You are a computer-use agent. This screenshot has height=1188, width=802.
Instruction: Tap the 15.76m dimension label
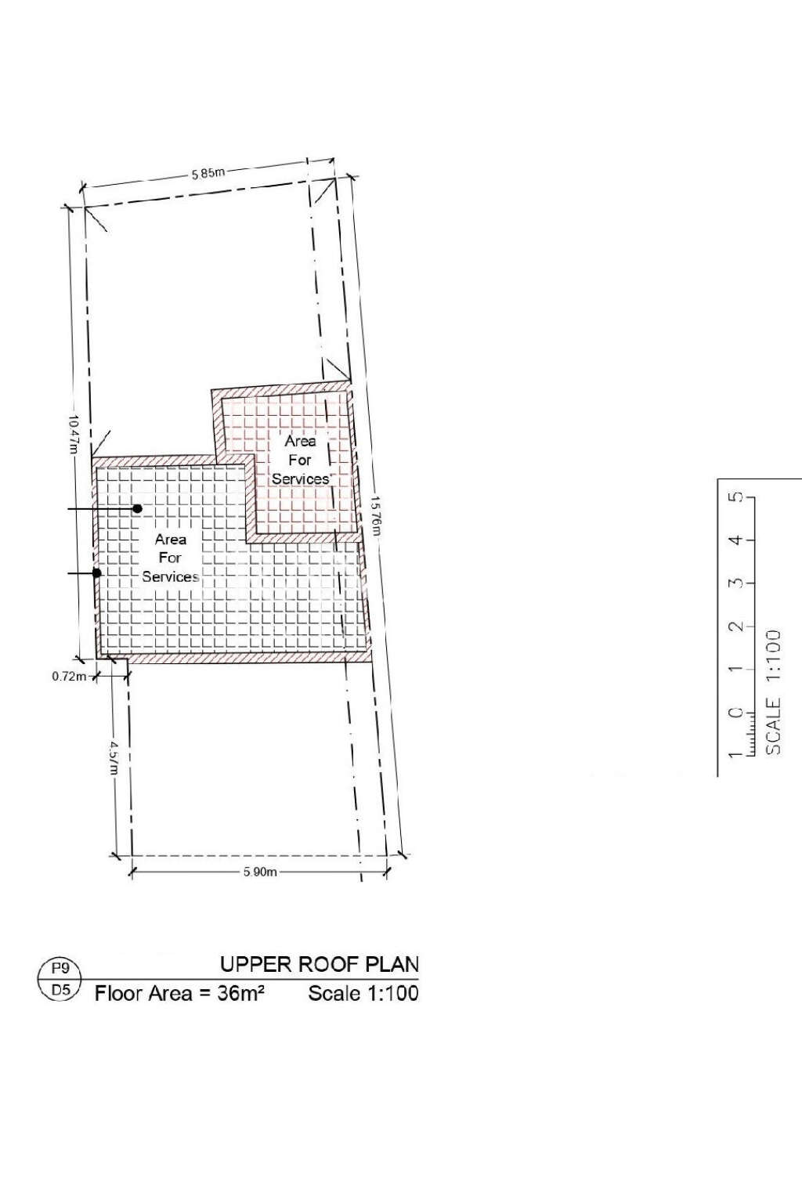tap(376, 514)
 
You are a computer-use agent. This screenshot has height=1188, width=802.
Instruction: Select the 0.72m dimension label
tap(69, 677)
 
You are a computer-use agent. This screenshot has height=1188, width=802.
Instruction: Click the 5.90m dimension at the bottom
tap(260, 872)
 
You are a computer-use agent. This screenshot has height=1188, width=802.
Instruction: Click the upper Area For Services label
tap(300, 460)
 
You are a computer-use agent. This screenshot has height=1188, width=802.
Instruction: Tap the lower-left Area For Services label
tap(170, 558)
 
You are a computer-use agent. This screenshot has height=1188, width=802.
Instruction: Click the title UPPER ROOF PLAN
tap(319, 964)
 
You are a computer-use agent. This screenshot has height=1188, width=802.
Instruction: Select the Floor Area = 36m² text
tap(179, 994)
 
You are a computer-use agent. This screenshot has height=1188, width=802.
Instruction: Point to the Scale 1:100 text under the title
tap(363, 994)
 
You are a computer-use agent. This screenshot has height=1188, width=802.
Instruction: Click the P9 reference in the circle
tap(60, 969)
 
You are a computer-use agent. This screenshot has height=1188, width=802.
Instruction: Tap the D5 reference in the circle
tap(60, 990)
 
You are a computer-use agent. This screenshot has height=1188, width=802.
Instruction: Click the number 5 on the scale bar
tap(735, 498)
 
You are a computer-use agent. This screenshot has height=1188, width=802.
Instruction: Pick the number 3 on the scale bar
tap(735, 583)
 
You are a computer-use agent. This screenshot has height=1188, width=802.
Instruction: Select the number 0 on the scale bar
tap(735, 712)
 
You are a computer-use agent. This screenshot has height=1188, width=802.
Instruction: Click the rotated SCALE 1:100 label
tap(773, 691)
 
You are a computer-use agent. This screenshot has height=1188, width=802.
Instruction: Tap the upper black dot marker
tap(137, 508)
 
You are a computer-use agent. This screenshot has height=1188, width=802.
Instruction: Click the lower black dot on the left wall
tap(97, 573)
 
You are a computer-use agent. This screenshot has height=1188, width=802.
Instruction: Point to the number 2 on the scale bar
tap(735, 626)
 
